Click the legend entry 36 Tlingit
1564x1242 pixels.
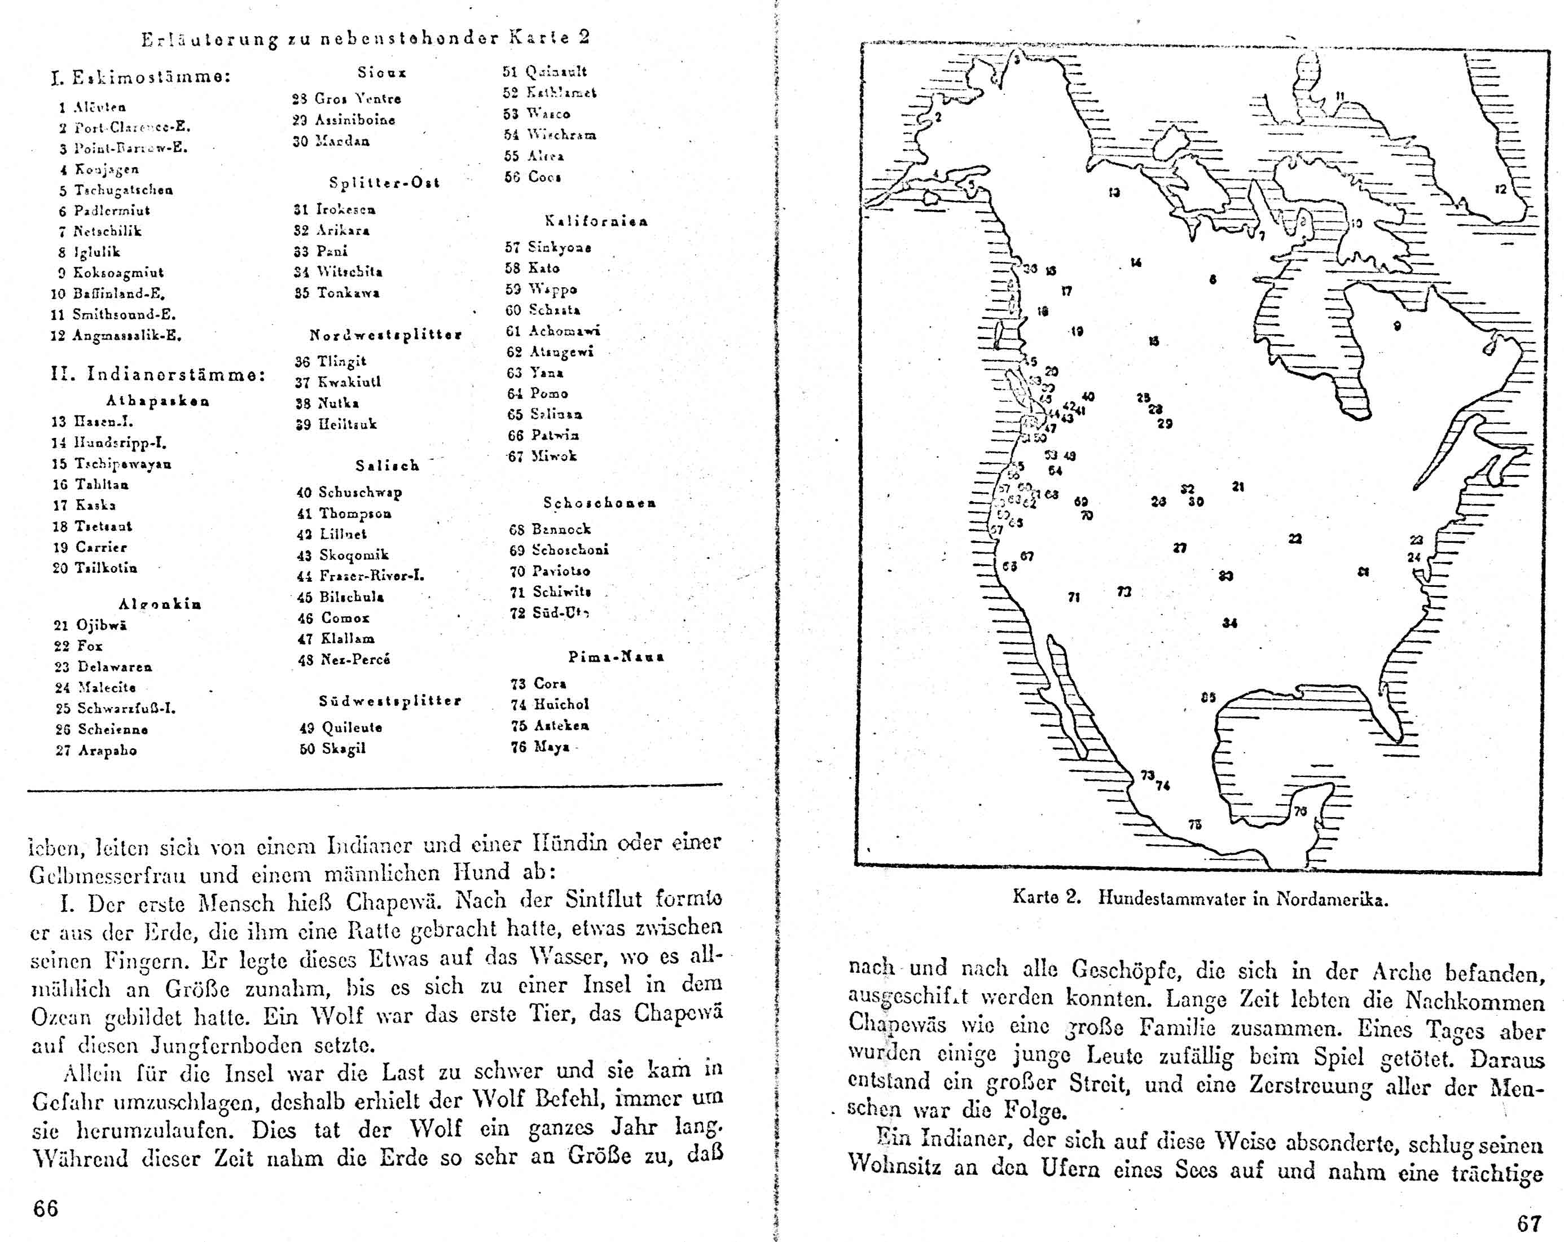pyautogui.click(x=330, y=361)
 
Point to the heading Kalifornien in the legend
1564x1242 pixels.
pyautogui.click(x=596, y=221)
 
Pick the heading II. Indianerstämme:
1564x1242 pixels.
pyautogui.click(x=158, y=374)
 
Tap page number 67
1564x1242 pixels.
pyautogui.click(x=1528, y=1224)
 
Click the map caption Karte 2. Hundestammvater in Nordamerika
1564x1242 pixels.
pyautogui.click(x=1200, y=898)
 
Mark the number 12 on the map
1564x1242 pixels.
pyautogui.click(x=1500, y=190)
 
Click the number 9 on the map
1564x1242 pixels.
pyautogui.click(x=1397, y=326)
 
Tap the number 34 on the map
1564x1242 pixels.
pyautogui.click(x=1229, y=622)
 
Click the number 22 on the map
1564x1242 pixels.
pyautogui.click(x=1295, y=538)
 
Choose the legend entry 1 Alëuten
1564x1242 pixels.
pyautogui.click(x=92, y=107)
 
